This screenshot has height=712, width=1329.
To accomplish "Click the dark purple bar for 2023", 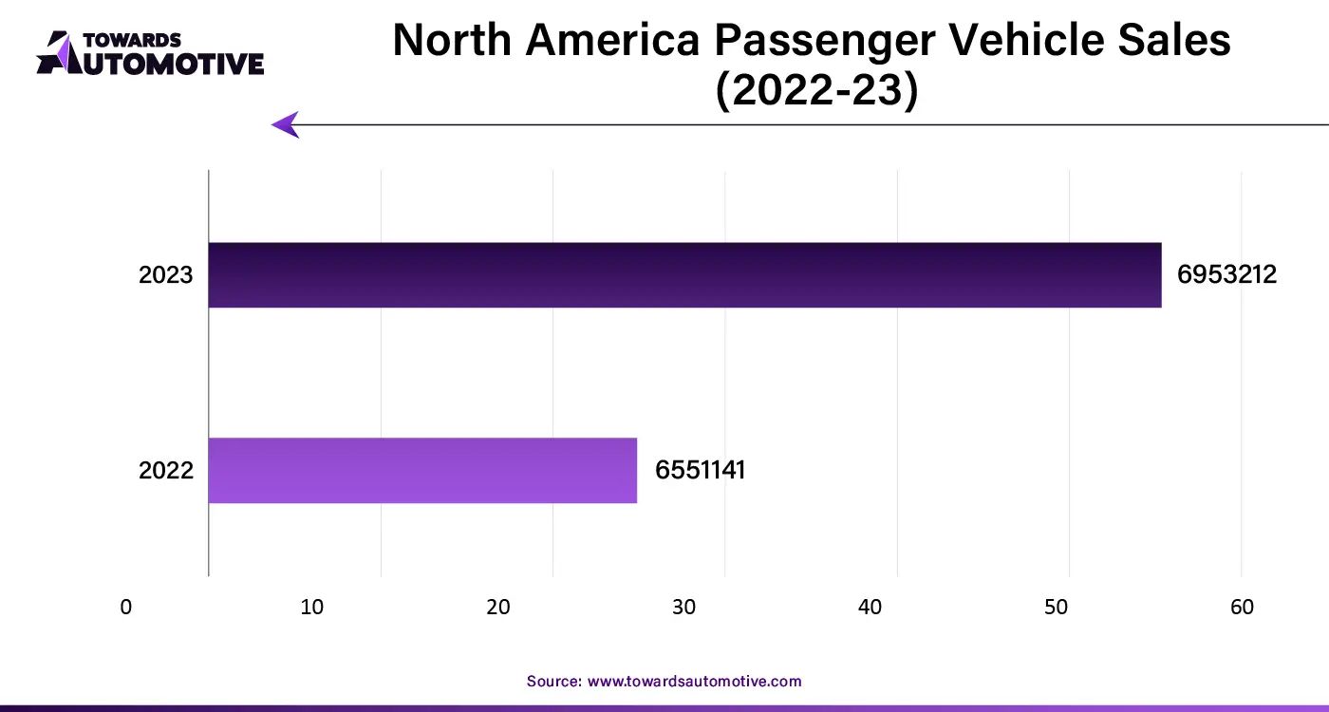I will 684,275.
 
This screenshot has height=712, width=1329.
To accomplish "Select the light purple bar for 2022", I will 422,470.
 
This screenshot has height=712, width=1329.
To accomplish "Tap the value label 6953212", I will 1226,275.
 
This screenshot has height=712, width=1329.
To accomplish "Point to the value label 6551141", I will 700,470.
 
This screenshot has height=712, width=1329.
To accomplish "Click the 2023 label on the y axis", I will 166,275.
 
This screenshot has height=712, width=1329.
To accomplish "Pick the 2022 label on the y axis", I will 166,470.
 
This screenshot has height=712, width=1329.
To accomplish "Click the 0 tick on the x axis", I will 126,608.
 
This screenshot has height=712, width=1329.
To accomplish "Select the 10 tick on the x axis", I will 312,608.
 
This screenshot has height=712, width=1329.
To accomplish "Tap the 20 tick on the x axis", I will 498,608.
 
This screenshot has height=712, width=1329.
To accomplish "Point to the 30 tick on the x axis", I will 684,608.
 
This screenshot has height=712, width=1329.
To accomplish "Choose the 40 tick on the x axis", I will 870,608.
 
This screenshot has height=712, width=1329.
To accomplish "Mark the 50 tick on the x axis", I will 1057,608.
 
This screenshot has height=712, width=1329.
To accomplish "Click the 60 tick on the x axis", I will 1243,608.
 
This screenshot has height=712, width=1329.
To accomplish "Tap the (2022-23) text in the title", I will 816,92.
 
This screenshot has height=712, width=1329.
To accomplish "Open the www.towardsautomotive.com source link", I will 695,681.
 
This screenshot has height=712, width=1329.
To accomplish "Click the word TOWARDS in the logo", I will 133,40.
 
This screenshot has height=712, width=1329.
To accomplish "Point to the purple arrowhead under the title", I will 285,124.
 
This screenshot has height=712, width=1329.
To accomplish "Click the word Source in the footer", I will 553,681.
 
